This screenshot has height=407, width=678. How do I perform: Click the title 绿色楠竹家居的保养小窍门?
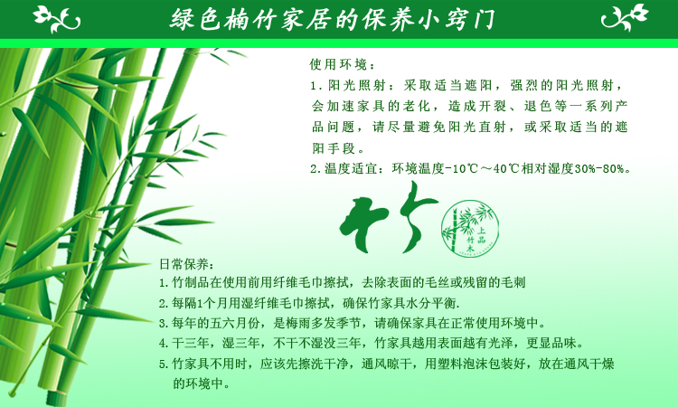[x=332, y=19]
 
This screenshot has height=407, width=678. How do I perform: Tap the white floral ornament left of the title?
[x=57, y=19]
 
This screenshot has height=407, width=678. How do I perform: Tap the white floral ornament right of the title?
[x=625, y=17]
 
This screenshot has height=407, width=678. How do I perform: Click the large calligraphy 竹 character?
[x=388, y=218]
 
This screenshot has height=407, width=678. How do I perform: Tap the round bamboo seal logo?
[x=470, y=228]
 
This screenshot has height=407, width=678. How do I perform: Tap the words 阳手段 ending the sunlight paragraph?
[x=334, y=148]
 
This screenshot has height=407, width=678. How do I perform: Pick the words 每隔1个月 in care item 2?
[x=200, y=303]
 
